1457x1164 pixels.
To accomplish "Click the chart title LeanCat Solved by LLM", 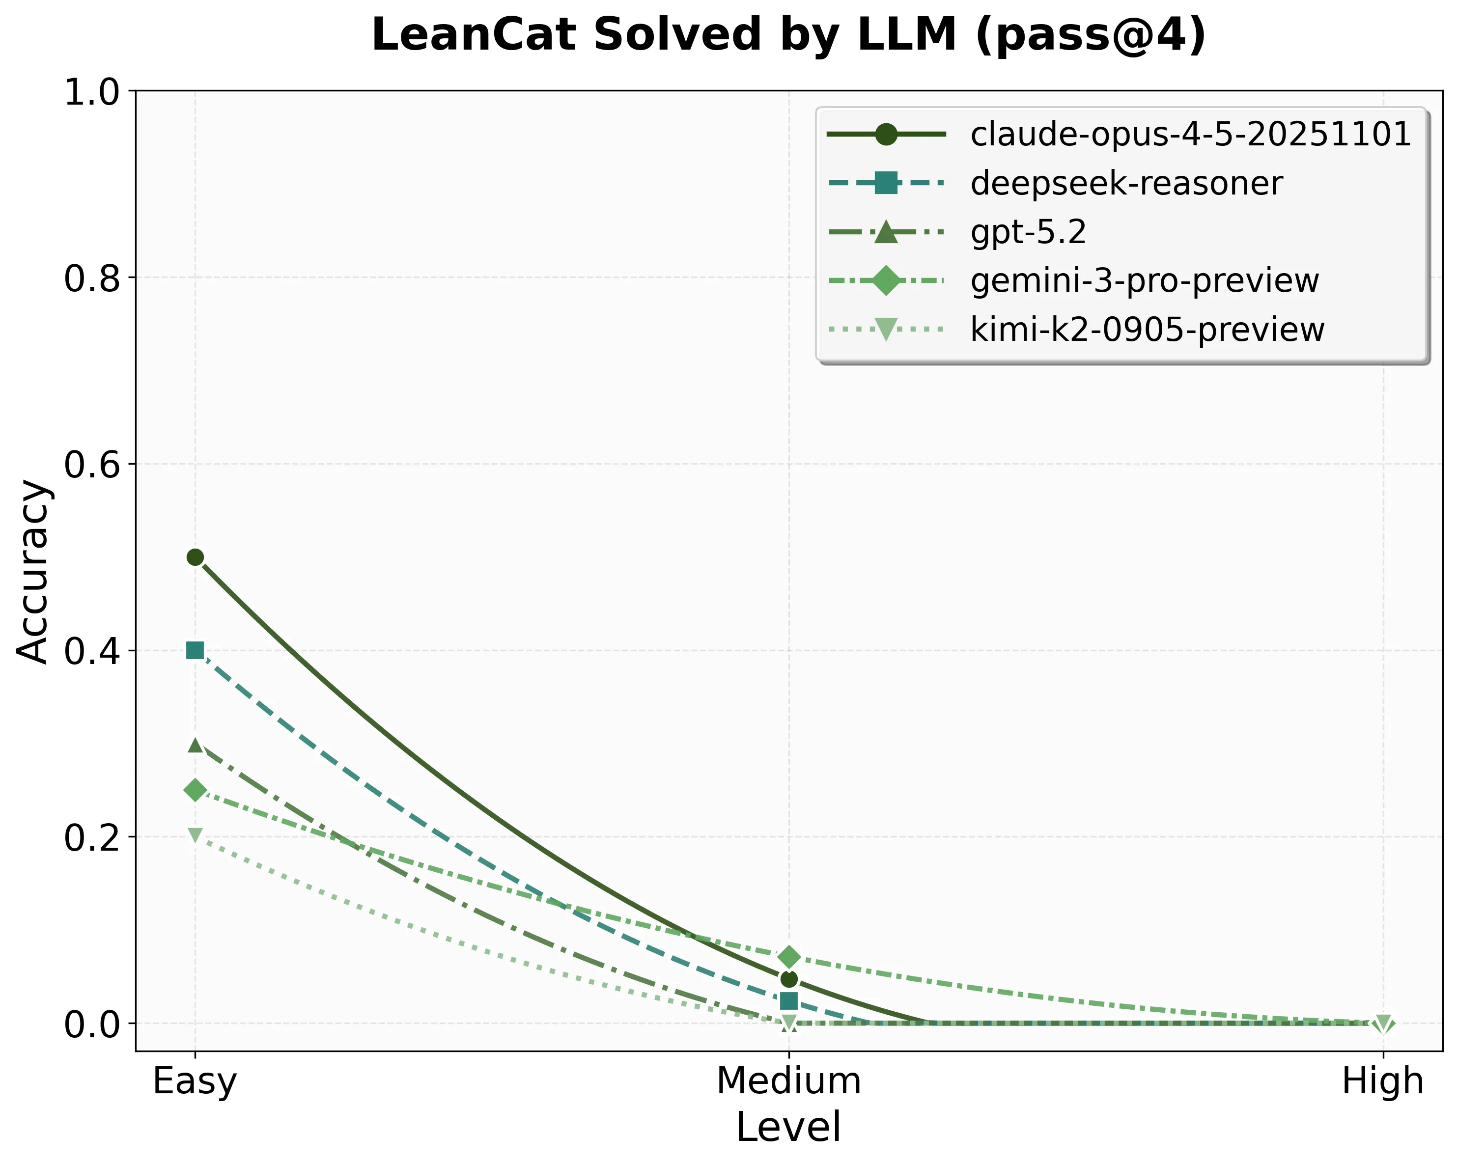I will (788, 35).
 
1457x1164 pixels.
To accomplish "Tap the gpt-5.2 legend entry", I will (1028, 232).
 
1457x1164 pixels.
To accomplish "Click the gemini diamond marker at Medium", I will (788, 957).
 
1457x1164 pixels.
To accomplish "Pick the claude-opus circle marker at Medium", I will (788, 979).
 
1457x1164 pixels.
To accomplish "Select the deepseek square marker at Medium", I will (788, 1000).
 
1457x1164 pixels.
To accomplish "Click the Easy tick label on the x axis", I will (195, 1081).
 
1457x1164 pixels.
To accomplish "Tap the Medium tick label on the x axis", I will (788, 1081).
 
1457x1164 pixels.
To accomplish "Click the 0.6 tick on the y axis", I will (91, 465).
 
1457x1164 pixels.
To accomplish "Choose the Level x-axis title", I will (788, 1127).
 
